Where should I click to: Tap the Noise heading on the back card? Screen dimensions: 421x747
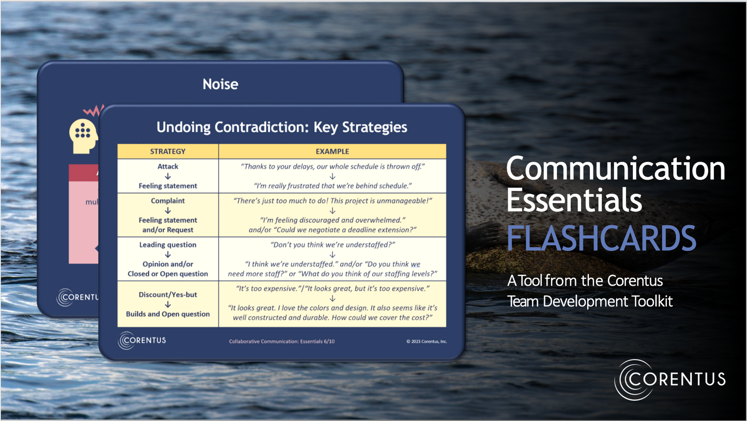click(x=220, y=84)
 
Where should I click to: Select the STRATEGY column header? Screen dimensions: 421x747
click(x=167, y=151)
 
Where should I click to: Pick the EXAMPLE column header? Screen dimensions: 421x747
click(x=332, y=151)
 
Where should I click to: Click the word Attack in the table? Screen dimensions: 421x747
click(x=168, y=166)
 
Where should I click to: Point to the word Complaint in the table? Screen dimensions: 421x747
click(x=168, y=200)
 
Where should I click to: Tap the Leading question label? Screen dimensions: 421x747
click(x=168, y=244)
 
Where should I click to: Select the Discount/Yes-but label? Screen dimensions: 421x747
click(x=168, y=294)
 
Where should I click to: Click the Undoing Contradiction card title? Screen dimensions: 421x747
click(x=282, y=127)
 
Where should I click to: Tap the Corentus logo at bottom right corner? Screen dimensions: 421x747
click(x=670, y=380)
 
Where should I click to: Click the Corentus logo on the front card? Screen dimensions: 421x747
click(x=142, y=340)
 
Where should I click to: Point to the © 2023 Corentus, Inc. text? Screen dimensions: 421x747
click(x=426, y=341)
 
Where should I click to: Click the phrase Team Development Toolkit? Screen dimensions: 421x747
click(x=590, y=301)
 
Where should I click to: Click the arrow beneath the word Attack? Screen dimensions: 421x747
click(x=168, y=176)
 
